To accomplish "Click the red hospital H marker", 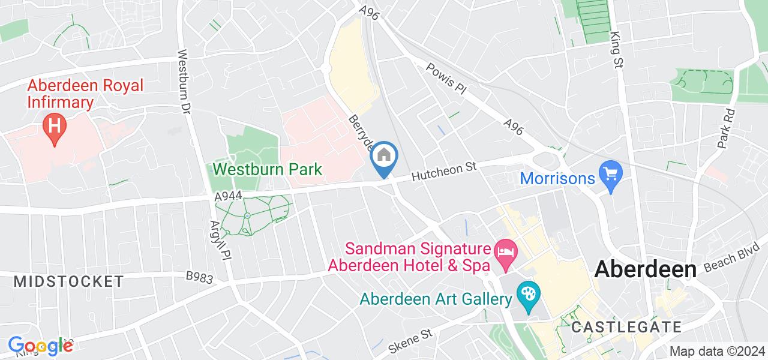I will click(x=55, y=127).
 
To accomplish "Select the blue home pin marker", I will click(x=384, y=157).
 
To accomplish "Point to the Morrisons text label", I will click(x=557, y=178).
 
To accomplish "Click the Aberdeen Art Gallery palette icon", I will click(x=529, y=295).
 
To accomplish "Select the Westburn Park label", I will click(x=268, y=170).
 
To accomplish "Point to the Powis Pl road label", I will click(x=446, y=79).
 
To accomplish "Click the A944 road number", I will click(x=229, y=196).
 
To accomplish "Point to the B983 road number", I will click(x=199, y=276).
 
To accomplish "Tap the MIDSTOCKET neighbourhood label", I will click(x=68, y=281).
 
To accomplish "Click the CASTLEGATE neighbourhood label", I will click(x=626, y=327).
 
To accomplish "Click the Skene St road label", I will click(x=410, y=340).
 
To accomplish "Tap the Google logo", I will click(x=40, y=346).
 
